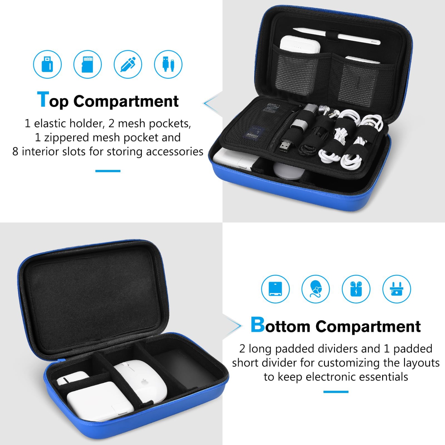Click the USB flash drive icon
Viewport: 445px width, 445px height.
tap(47, 64)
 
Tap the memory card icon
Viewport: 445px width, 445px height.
tap(88, 64)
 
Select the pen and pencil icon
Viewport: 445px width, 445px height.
tap(128, 64)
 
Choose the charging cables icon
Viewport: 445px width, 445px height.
tap(168, 64)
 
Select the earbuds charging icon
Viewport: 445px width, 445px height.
tap(356, 289)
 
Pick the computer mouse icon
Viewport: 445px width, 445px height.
tap(316, 289)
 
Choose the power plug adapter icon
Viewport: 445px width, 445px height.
tap(397, 289)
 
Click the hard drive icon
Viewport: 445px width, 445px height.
tap(275, 289)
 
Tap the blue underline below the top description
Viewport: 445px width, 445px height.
tap(108, 171)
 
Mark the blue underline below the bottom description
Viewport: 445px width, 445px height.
tap(336, 392)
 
